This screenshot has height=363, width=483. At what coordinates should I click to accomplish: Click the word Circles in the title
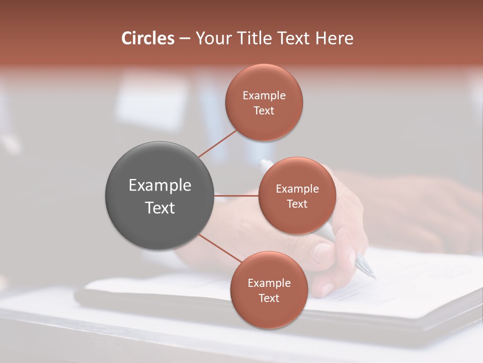click(148, 38)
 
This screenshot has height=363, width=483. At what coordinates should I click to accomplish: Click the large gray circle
click(159, 196)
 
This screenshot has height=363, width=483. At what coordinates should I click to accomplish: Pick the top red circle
click(264, 102)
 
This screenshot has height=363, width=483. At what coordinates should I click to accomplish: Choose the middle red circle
click(297, 196)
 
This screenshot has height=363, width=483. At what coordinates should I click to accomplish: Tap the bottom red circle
click(269, 290)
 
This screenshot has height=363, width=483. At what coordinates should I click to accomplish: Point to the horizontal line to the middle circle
click(236, 196)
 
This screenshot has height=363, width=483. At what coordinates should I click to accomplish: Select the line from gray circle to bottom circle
click(220, 248)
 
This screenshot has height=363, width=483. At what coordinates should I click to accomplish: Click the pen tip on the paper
click(372, 274)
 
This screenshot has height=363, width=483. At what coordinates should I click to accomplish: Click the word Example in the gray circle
click(160, 186)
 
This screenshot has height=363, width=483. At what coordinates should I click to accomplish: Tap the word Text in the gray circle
click(160, 208)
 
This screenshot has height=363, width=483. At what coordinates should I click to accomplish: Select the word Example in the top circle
click(264, 96)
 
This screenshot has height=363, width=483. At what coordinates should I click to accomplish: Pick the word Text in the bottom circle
click(269, 298)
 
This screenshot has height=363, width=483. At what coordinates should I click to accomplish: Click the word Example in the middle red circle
click(297, 189)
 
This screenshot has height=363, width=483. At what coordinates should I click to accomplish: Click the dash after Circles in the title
click(184, 39)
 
